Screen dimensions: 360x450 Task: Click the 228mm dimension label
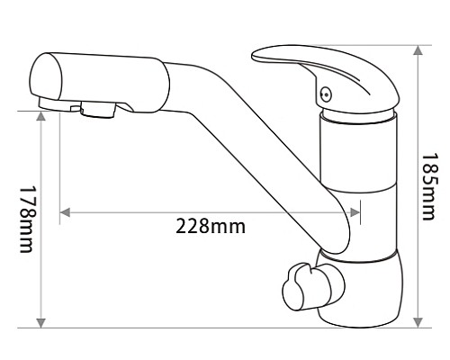click(x=209, y=226)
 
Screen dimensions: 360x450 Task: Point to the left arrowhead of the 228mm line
click(x=64, y=212)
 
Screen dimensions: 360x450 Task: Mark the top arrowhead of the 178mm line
click(x=40, y=116)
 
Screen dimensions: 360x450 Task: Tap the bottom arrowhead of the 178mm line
click(x=40, y=321)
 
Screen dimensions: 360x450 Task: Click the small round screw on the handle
click(x=326, y=91)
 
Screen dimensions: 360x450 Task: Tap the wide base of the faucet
click(x=360, y=297)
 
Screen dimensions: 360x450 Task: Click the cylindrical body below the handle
click(x=358, y=180)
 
